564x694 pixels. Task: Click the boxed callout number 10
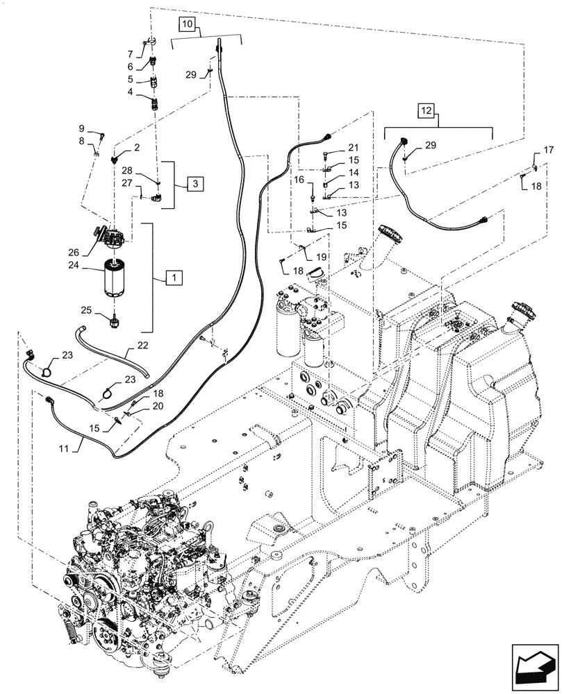point(188,24)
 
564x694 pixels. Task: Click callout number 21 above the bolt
point(354,147)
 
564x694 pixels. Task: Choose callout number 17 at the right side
point(548,149)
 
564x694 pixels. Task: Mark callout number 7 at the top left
point(129,53)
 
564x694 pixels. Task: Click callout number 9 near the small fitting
point(81,128)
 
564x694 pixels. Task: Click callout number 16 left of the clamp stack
point(300,180)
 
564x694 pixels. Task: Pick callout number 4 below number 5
point(129,92)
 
